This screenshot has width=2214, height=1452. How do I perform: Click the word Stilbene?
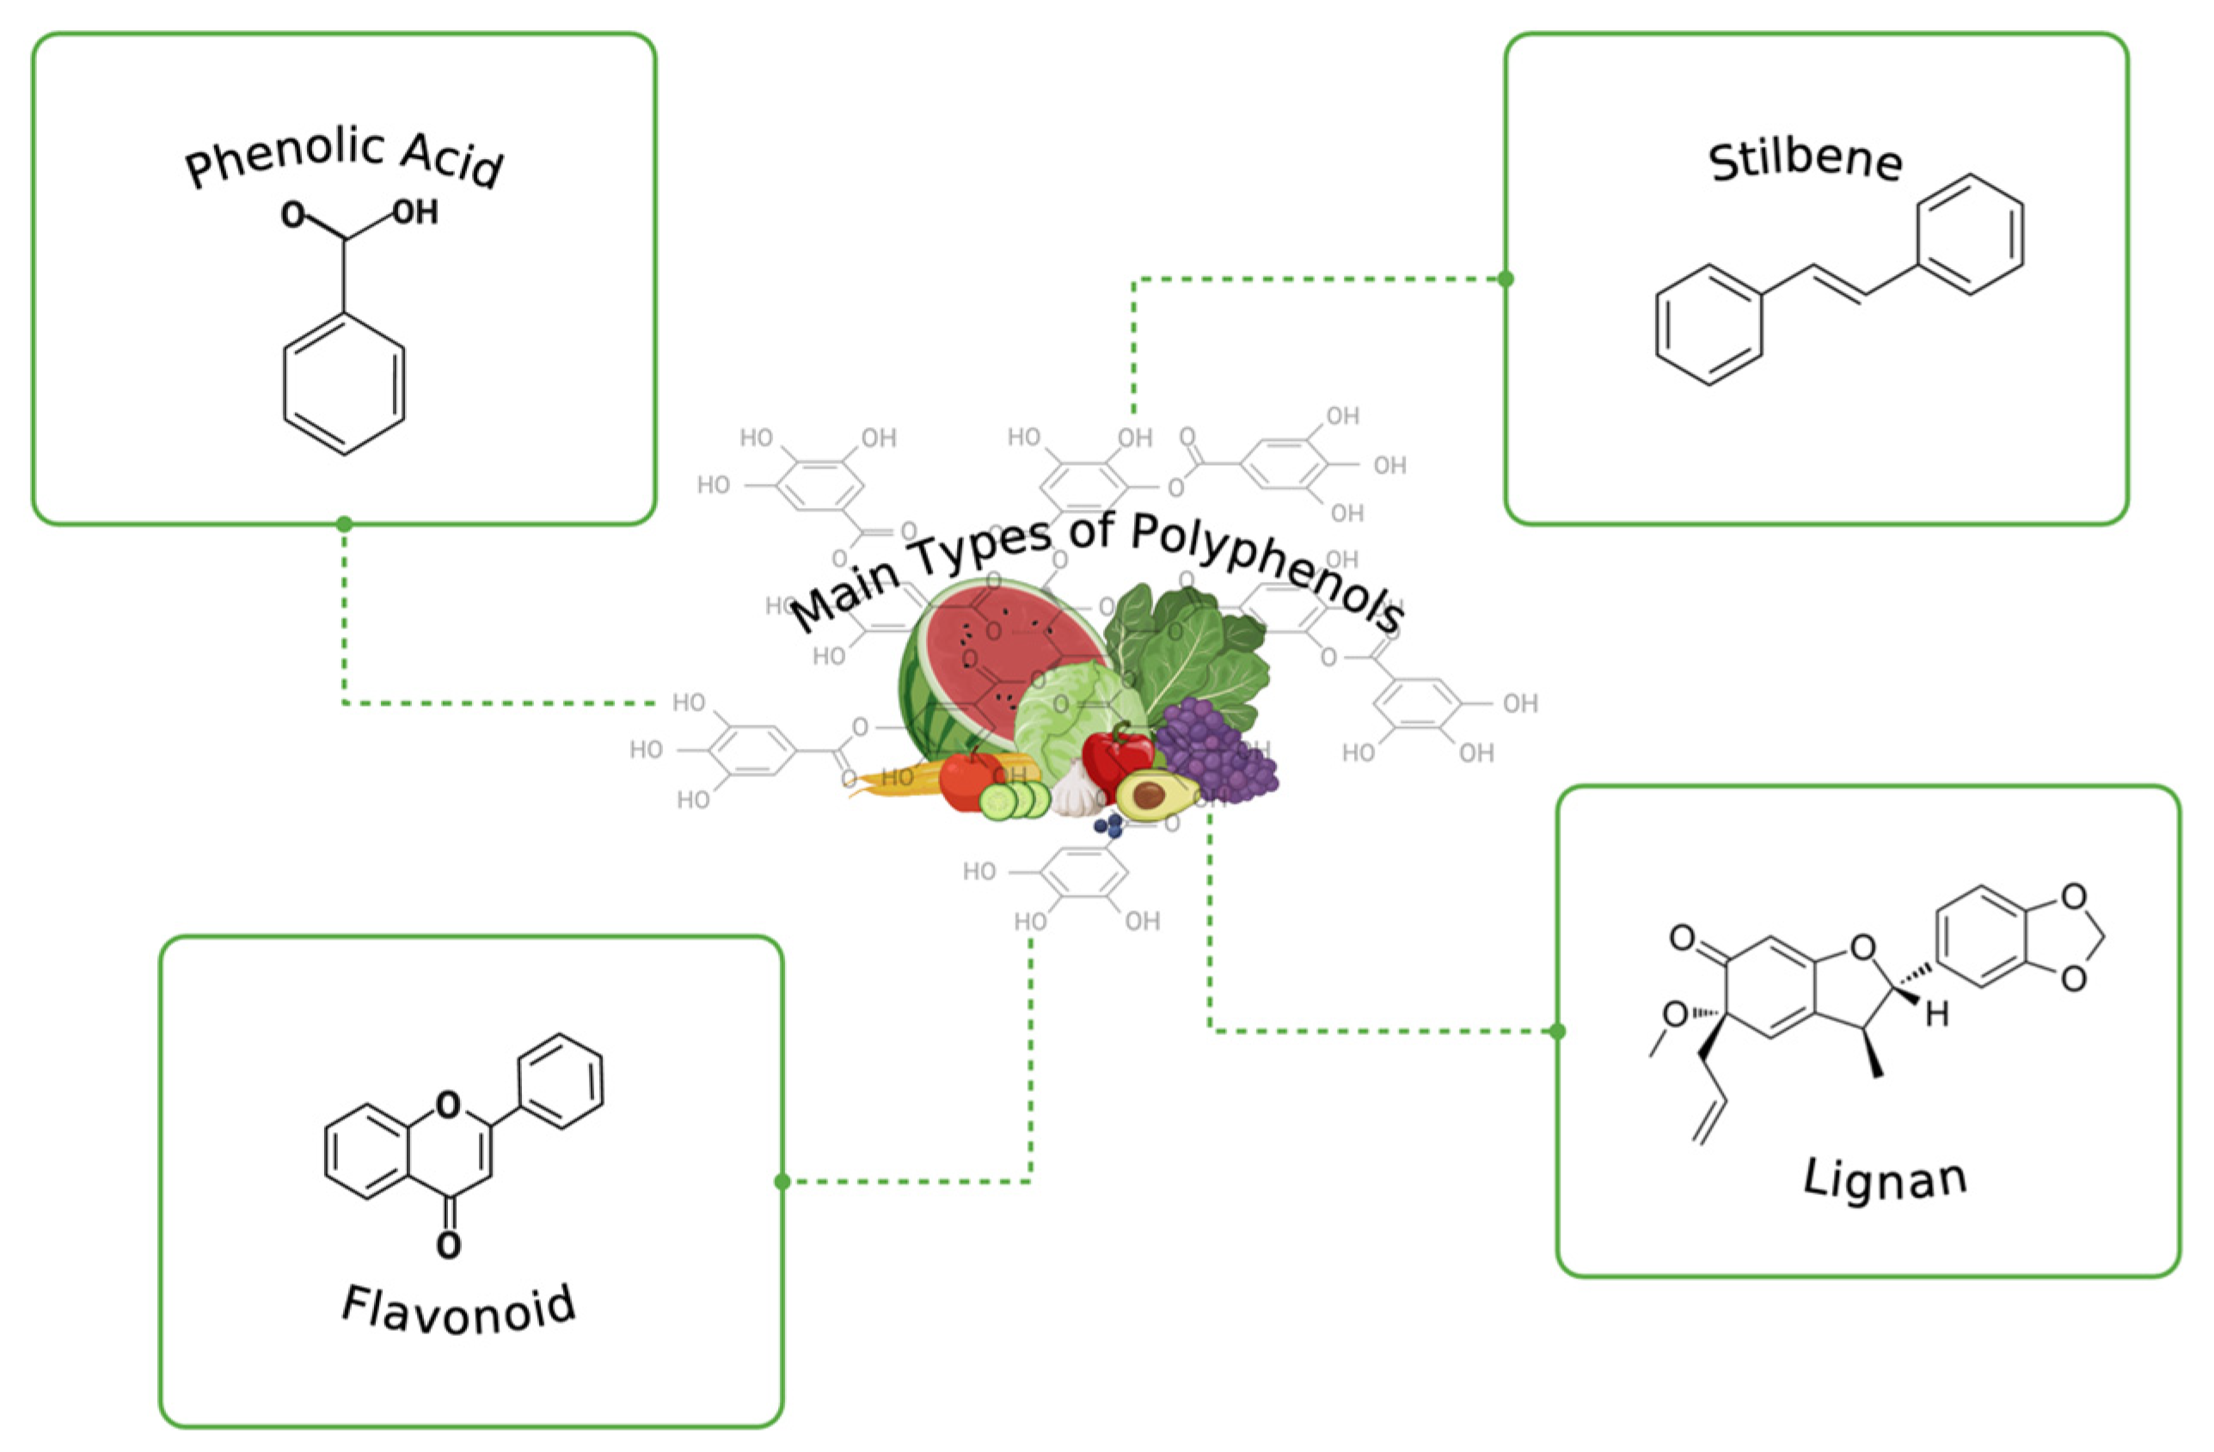[1804, 162]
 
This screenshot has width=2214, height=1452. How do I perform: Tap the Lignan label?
[1885, 1179]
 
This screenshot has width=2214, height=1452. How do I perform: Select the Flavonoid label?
[458, 1308]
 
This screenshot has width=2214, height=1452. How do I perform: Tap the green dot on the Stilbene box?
[1506, 279]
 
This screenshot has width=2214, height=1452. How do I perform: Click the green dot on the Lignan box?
[1558, 1031]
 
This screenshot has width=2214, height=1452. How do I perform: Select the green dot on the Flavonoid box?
[782, 1181]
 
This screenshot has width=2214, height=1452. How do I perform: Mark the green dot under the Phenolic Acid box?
[344, 524]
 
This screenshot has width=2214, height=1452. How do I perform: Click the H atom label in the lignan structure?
[1937, 1014]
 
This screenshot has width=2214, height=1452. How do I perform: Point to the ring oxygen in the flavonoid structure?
[448, 1105]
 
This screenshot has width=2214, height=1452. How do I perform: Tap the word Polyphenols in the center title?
[1265, 567]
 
